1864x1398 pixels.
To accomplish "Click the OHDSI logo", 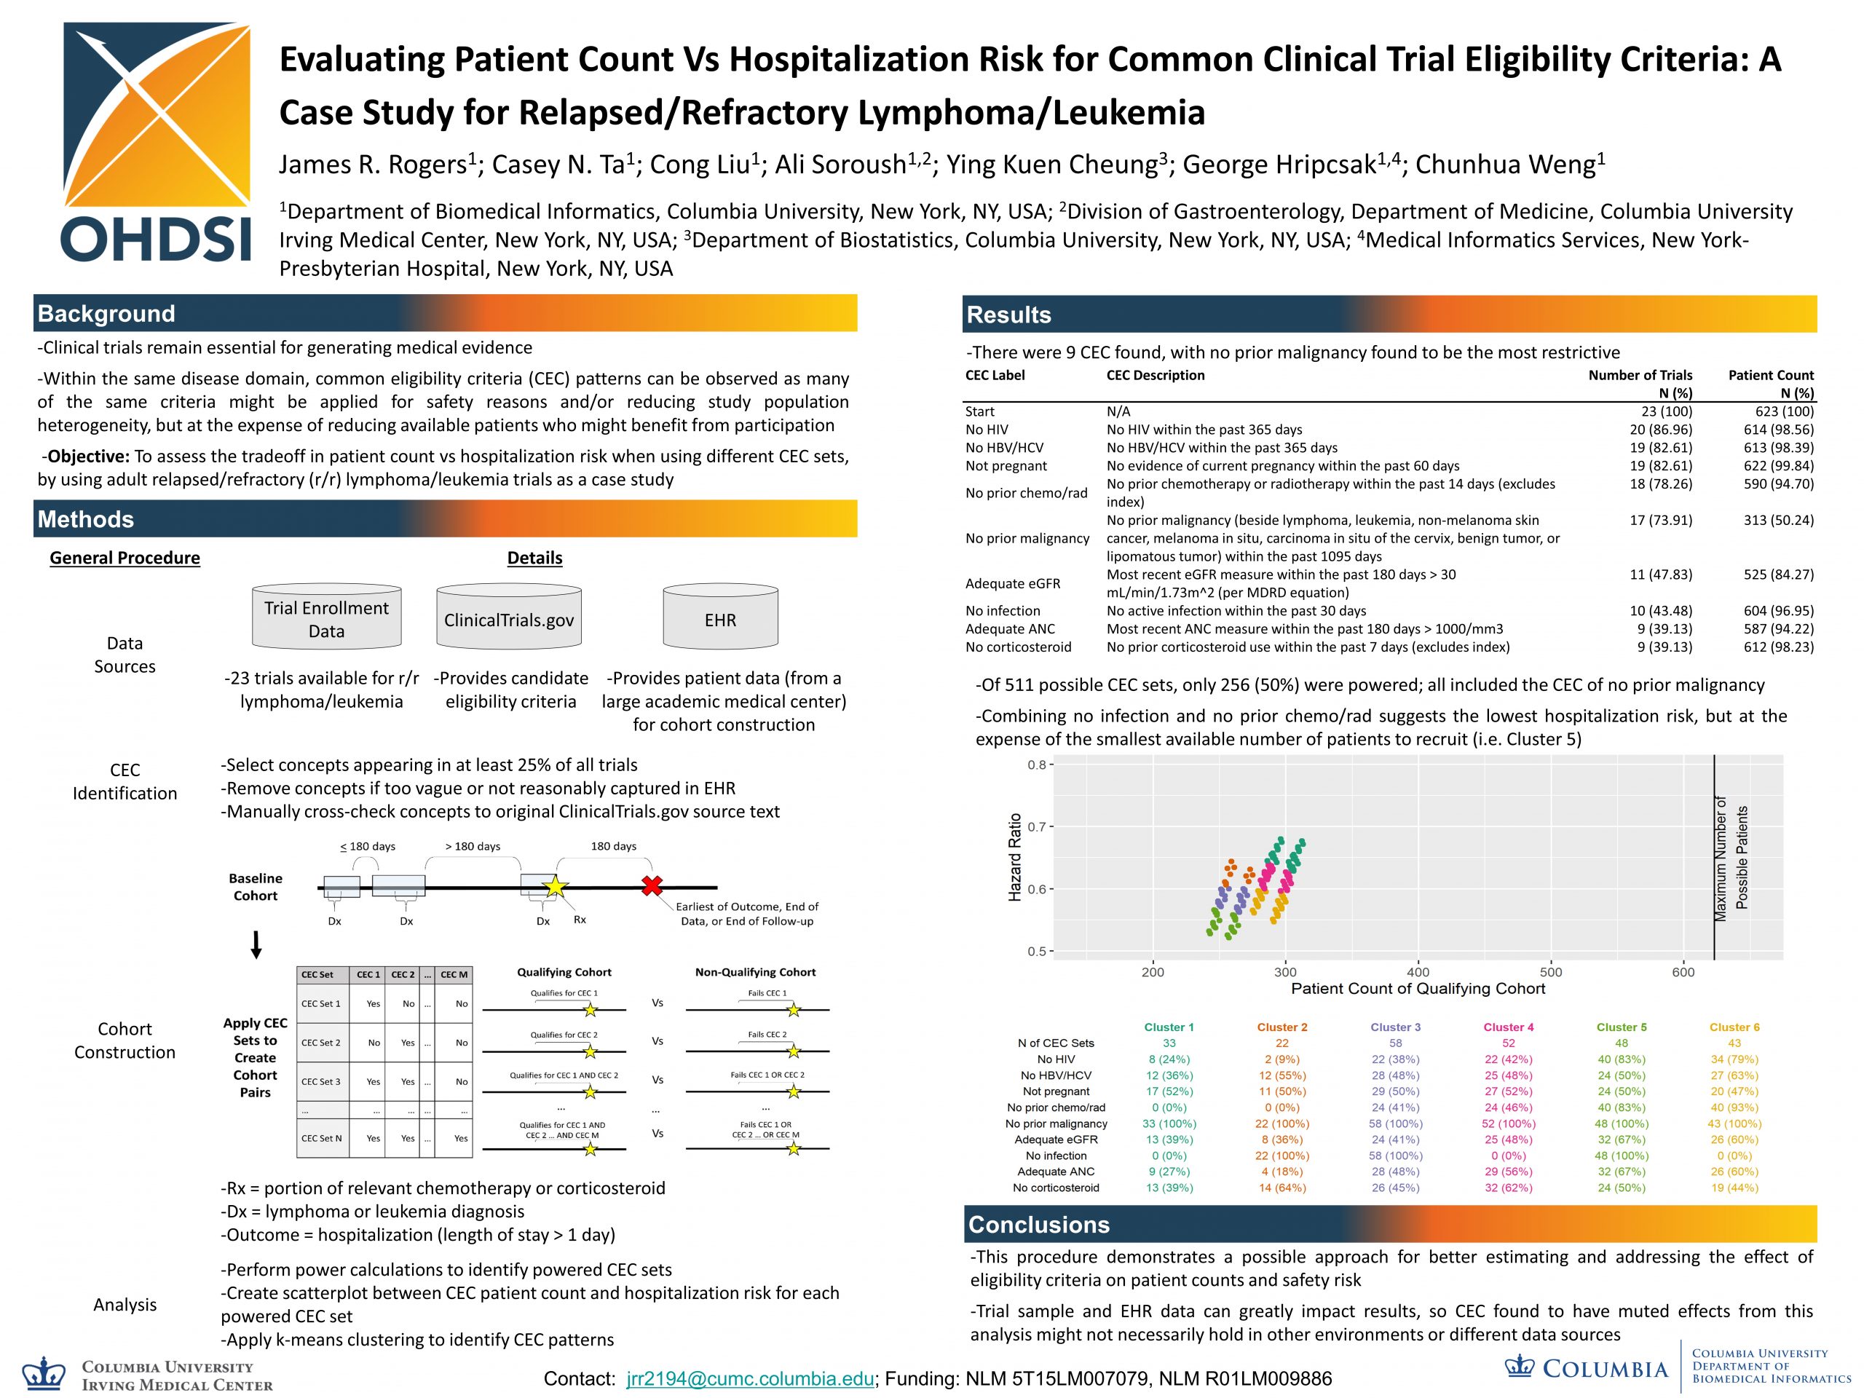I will pos(157,141).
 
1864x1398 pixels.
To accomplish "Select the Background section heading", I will pos(106,314).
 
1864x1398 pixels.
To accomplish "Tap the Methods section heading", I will pos(86,519).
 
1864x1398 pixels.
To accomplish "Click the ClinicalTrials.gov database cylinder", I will pos(509,617).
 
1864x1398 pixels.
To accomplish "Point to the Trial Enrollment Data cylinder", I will pos(326,617).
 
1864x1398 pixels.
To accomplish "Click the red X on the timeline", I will pos(652,885).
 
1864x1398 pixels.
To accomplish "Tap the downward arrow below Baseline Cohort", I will pos(256,946).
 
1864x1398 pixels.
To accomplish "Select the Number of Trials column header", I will pos(1639,376).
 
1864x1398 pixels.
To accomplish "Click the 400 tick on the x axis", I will pos(1418,971).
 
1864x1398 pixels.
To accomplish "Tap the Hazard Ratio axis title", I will pos(1016,857).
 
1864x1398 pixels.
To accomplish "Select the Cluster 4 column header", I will pos(1509,1027).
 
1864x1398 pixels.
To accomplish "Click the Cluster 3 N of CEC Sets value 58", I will pos(1396,1043).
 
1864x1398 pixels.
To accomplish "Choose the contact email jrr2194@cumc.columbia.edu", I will pos(750,1378).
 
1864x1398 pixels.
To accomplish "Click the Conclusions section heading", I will pos(1038,1225).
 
